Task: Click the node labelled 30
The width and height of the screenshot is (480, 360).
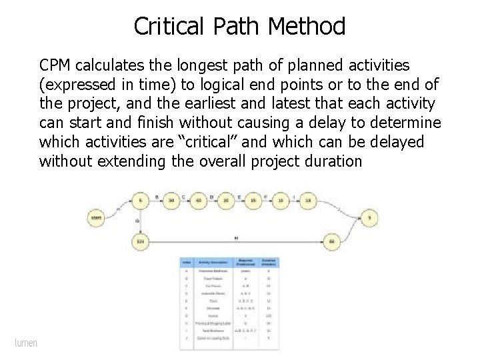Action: [x=171, y=200]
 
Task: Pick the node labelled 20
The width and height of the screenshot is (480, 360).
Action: [x=227, y=200]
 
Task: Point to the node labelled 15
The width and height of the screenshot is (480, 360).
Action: [x=254, y=200]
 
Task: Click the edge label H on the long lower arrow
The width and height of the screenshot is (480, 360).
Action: [x=237, y=236]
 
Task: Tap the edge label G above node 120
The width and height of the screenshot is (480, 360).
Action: [x=137, y=221]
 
